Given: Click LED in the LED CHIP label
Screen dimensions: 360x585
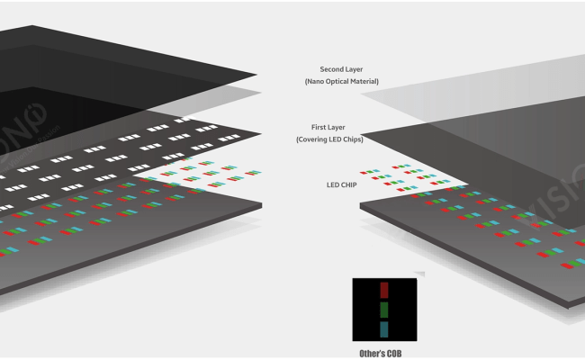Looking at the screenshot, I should coord(332,185).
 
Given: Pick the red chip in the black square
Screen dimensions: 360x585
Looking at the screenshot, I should coord(384,290).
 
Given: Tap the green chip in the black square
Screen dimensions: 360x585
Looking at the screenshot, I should coord(384,310).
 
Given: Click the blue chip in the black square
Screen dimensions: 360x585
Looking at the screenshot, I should coord(384,329).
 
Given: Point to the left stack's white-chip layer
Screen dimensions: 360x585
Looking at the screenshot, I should coord(135,148).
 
